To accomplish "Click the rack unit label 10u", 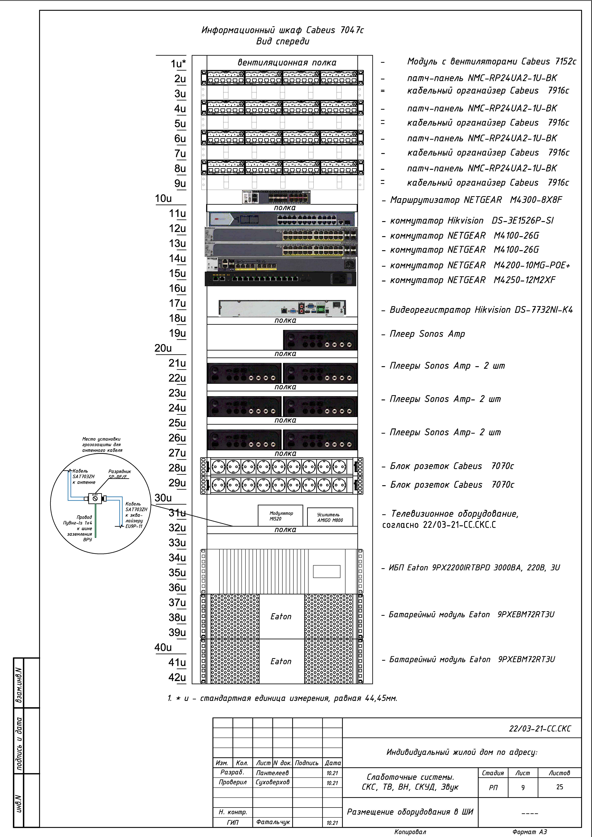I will coord(163,199).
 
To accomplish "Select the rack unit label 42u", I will coord(177,677).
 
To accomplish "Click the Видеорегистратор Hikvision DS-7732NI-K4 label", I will coord(481,310).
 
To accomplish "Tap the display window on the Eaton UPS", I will coord(326,571).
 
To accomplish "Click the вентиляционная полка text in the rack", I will coord(287,63).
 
